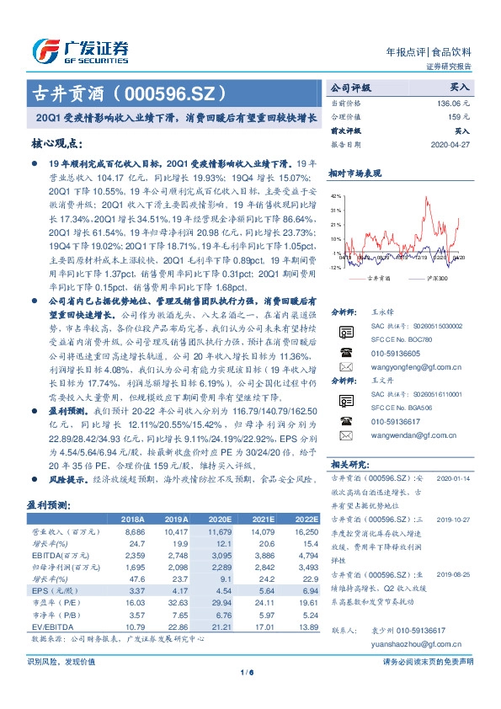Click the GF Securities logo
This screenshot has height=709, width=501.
pos(80,51)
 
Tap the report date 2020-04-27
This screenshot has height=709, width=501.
pos(450,145)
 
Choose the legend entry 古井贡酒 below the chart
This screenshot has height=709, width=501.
pos(376,276)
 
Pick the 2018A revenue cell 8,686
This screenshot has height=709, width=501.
pos(133,533)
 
